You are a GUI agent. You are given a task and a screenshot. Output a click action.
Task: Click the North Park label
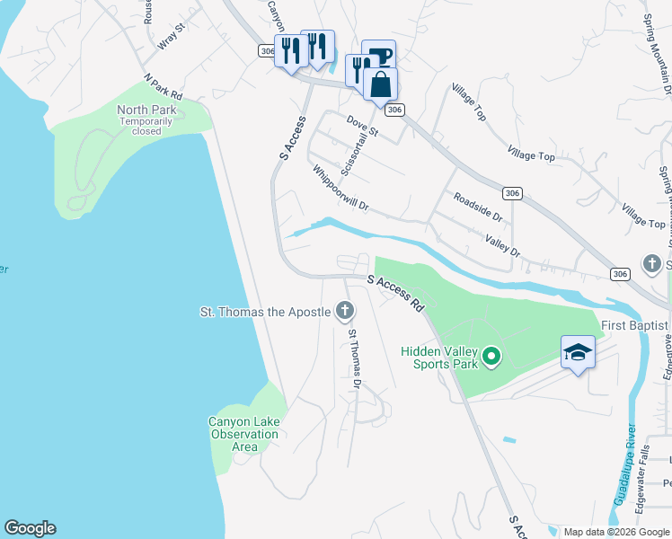(x=147, y=110)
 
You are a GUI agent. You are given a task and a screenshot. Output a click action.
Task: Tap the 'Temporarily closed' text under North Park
(x=147, y=126)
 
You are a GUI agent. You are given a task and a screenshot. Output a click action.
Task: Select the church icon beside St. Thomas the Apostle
(x=343, y=312)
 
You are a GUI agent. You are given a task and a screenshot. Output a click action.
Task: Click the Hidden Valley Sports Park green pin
(x=491, y=358)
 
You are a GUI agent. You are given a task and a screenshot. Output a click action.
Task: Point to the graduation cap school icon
(x=578, y=353)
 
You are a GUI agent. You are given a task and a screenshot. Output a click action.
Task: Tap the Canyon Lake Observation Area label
(x=243, y=434)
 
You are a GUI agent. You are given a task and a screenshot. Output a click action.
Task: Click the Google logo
(x=30, y=528)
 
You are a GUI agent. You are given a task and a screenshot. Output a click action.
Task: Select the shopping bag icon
(x=381, y=85)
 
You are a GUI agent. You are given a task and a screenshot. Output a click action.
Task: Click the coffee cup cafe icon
(x=379, y=56)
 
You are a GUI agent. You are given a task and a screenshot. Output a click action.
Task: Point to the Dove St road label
(x=363, y=126)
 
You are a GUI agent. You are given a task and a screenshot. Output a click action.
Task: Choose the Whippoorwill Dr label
(x=341, y=187)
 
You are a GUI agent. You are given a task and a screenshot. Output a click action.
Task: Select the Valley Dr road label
(x=502, y=245)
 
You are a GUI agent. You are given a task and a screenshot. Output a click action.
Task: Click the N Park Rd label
(x=163, y=88)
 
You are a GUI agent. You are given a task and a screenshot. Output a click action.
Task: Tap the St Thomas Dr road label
(x=354, y=358)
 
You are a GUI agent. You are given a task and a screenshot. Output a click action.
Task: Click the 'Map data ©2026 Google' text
(x=617, y=532)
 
